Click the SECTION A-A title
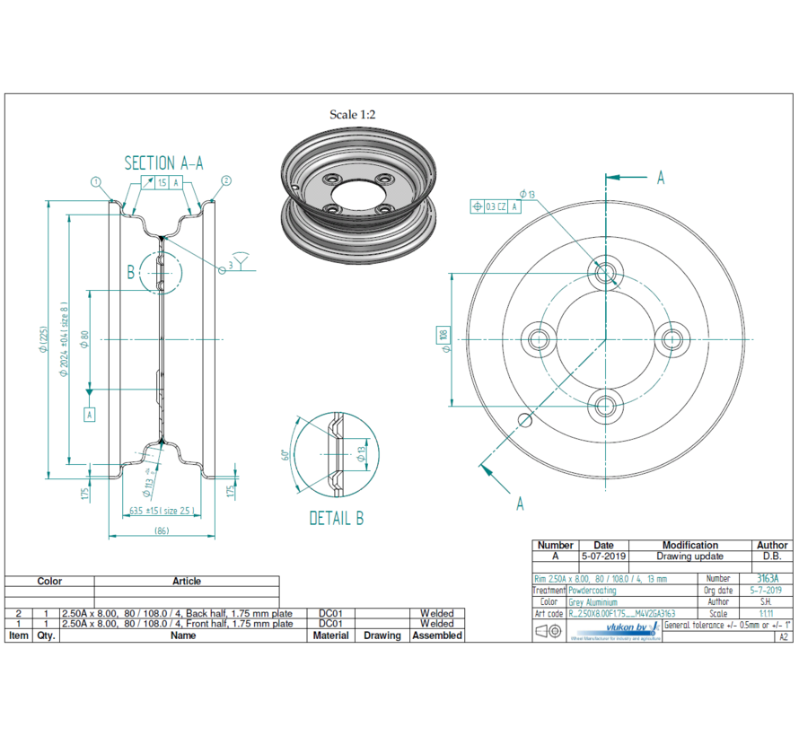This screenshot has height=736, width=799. click(x=163, y=162)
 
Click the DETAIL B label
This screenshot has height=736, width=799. click(x=336, y=518)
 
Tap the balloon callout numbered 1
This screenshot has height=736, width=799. click(x=96, y=180)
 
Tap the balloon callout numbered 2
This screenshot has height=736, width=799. click(x=226, y=180)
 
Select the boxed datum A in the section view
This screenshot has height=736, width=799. click(x=90, y=414)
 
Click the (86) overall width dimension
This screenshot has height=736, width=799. click(x=162, y=531)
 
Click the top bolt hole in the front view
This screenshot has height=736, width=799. click(x=606, y=270)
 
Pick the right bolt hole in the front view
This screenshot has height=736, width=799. click(x=674, y=339)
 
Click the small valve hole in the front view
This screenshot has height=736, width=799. click(x=526, y=419)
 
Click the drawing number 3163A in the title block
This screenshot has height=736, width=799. click(x=768, y=579)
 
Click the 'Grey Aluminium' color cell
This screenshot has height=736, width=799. click(x=593, y=602)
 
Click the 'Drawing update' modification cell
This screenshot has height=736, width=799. click(x=689, y=556)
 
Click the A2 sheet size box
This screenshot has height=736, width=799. click(x=783, y=636)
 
